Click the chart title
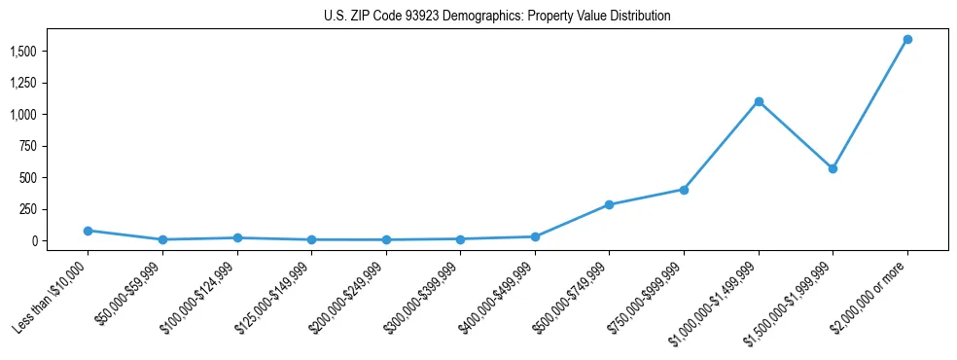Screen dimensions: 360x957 click(x=497, y=17)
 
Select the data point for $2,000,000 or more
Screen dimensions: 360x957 click(x=907, y=40)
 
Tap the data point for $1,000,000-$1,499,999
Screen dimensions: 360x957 click(x=759, y=101)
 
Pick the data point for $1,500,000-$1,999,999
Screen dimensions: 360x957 click(x=833, y=168)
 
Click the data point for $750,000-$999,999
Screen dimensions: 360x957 click(x=684, y=190)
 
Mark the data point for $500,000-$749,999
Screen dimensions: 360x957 click(x=609, y=205)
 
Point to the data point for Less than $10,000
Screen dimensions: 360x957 click(x=88, y=231)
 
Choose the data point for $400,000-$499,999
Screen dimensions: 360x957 click(x=535, y=236)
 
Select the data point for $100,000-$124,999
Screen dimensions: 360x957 click(x=237, y=237)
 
